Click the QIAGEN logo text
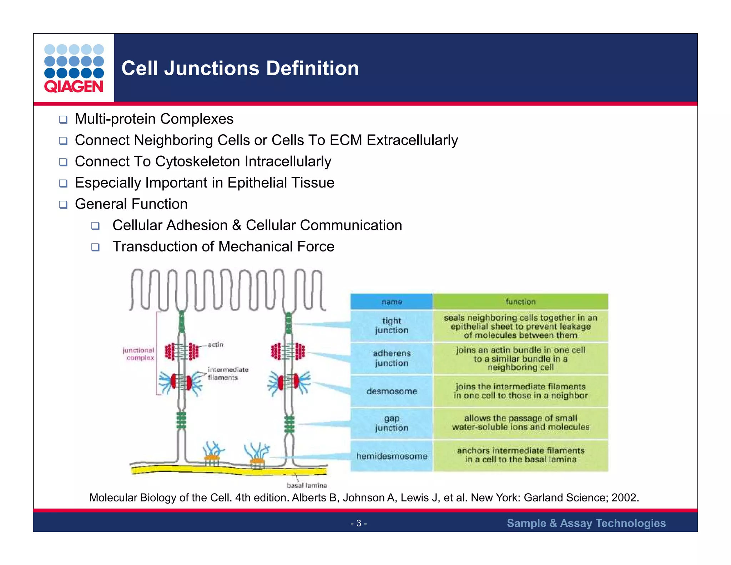[74, 86]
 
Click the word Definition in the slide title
[312, 68]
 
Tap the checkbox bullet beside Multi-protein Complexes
[63, 119]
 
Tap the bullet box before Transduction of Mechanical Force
[95, 247]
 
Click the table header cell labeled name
[392, 302]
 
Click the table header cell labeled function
[520, 302]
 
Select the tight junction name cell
[392, 325]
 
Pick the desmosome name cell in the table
[392, 391]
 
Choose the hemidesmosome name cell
[392, 456]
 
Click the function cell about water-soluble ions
[520, 422]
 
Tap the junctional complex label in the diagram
[139, 354]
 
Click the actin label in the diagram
[216, 345]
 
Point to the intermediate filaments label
[227, 373]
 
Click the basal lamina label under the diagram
[307, 485]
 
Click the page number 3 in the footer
[359, 523]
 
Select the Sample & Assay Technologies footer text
[586, 523]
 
